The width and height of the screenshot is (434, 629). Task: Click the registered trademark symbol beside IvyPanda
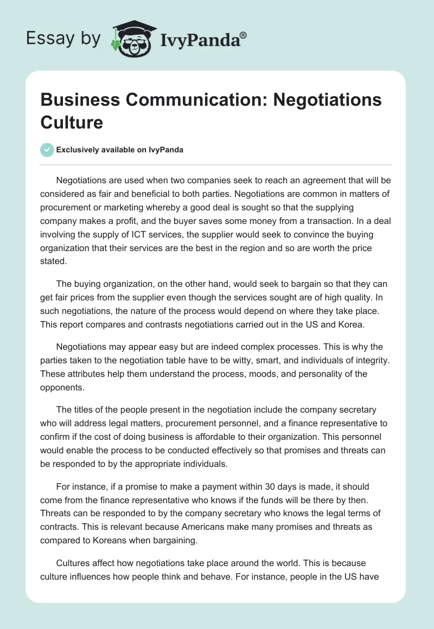coord(244,35)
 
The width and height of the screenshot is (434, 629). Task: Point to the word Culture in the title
coord(72,122)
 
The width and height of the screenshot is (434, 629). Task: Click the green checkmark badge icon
coord(47,150)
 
